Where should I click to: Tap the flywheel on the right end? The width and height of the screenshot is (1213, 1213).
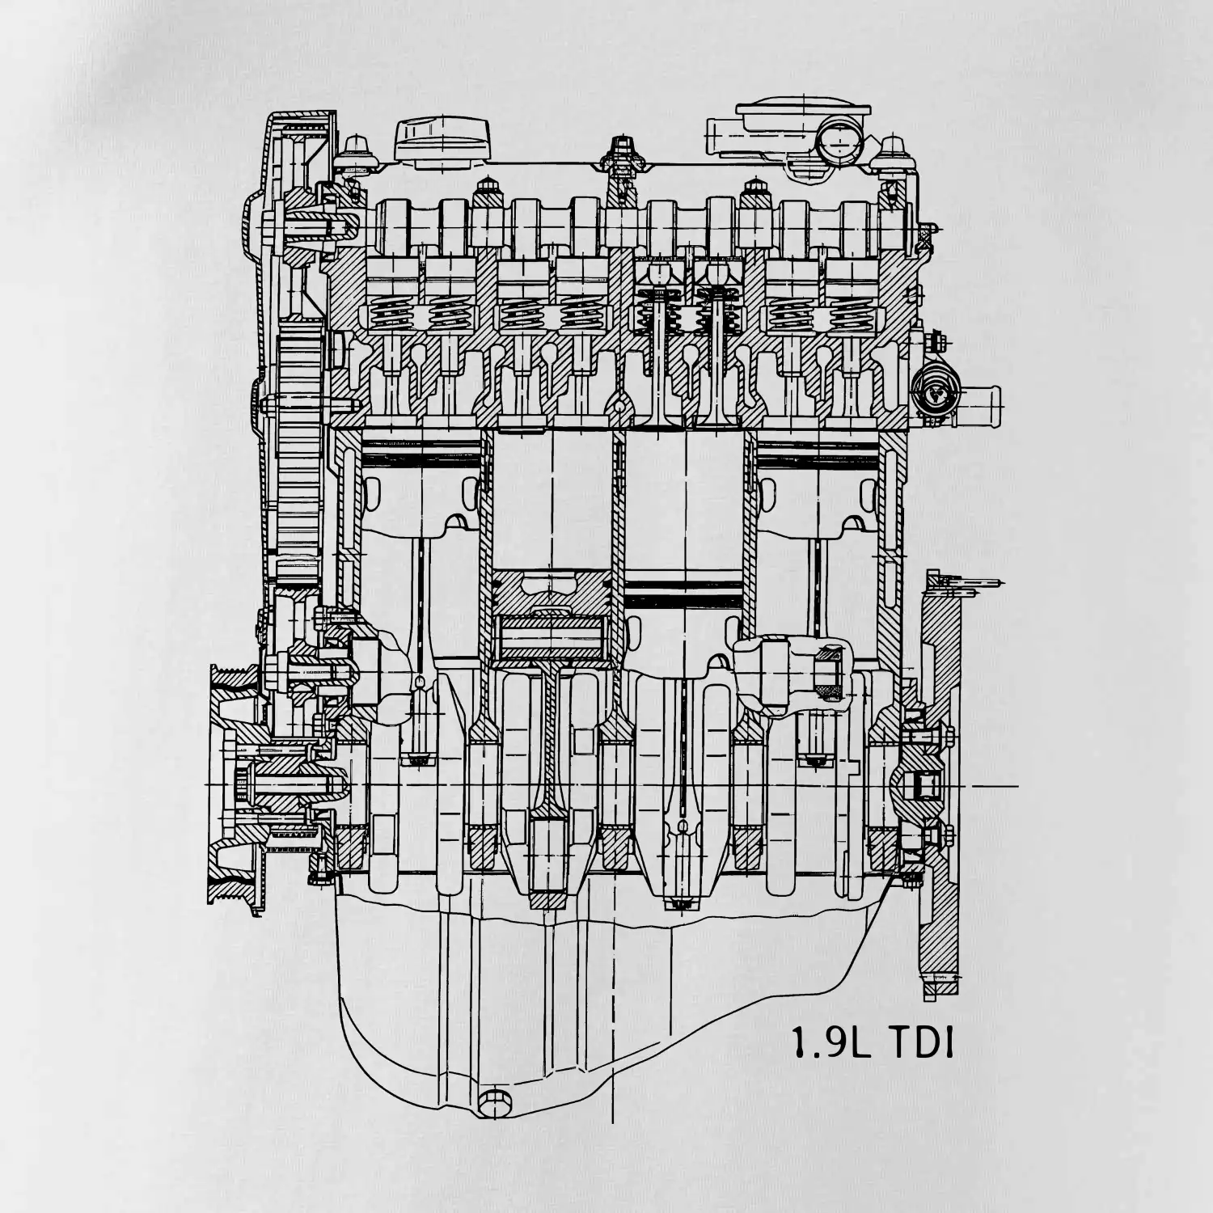tap(940, 784)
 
